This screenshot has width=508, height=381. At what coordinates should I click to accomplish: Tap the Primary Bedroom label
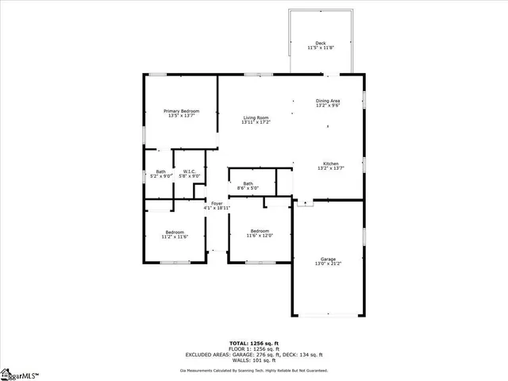(181, 110)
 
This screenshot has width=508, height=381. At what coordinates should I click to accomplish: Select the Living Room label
(257, 117)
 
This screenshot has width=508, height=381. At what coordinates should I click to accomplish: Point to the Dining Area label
(328, 100)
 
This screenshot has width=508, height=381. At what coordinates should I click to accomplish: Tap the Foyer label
(217, 203)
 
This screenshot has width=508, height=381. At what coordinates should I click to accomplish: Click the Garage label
(328, 259)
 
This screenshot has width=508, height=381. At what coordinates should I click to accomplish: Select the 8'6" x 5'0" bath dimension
(248, 188)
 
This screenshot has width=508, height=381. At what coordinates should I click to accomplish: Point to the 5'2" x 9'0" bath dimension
(161, 176)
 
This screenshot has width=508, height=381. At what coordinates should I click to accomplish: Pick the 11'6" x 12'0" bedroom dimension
(260, 235)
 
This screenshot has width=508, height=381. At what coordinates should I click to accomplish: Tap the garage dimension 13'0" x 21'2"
(328, 264)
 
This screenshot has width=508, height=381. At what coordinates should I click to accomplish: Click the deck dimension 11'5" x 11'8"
(321, 48)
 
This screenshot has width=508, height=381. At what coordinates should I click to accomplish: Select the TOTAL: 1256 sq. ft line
(254, 343)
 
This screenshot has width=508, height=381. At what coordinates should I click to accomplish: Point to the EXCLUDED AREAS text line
(254, 354)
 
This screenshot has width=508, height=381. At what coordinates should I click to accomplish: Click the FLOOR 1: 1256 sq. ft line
(254, 348)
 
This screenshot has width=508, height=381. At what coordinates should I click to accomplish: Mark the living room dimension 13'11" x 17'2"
(257, 122)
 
